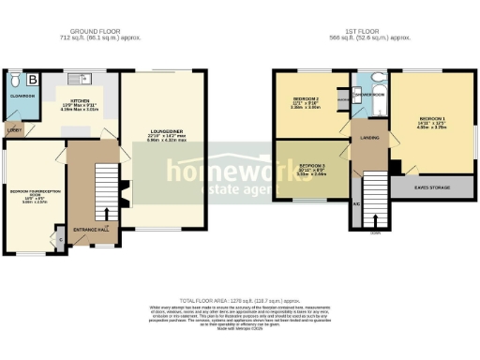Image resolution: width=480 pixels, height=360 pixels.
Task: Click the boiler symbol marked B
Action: [x=32, y=80]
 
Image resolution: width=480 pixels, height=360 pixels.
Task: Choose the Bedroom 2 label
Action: [x=305, y=98]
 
